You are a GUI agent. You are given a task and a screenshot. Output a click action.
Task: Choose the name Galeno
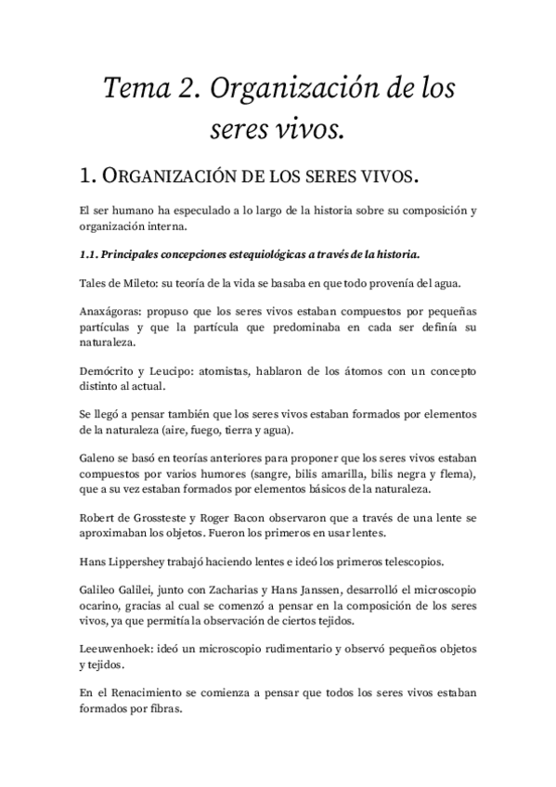click(x=98, y=460)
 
